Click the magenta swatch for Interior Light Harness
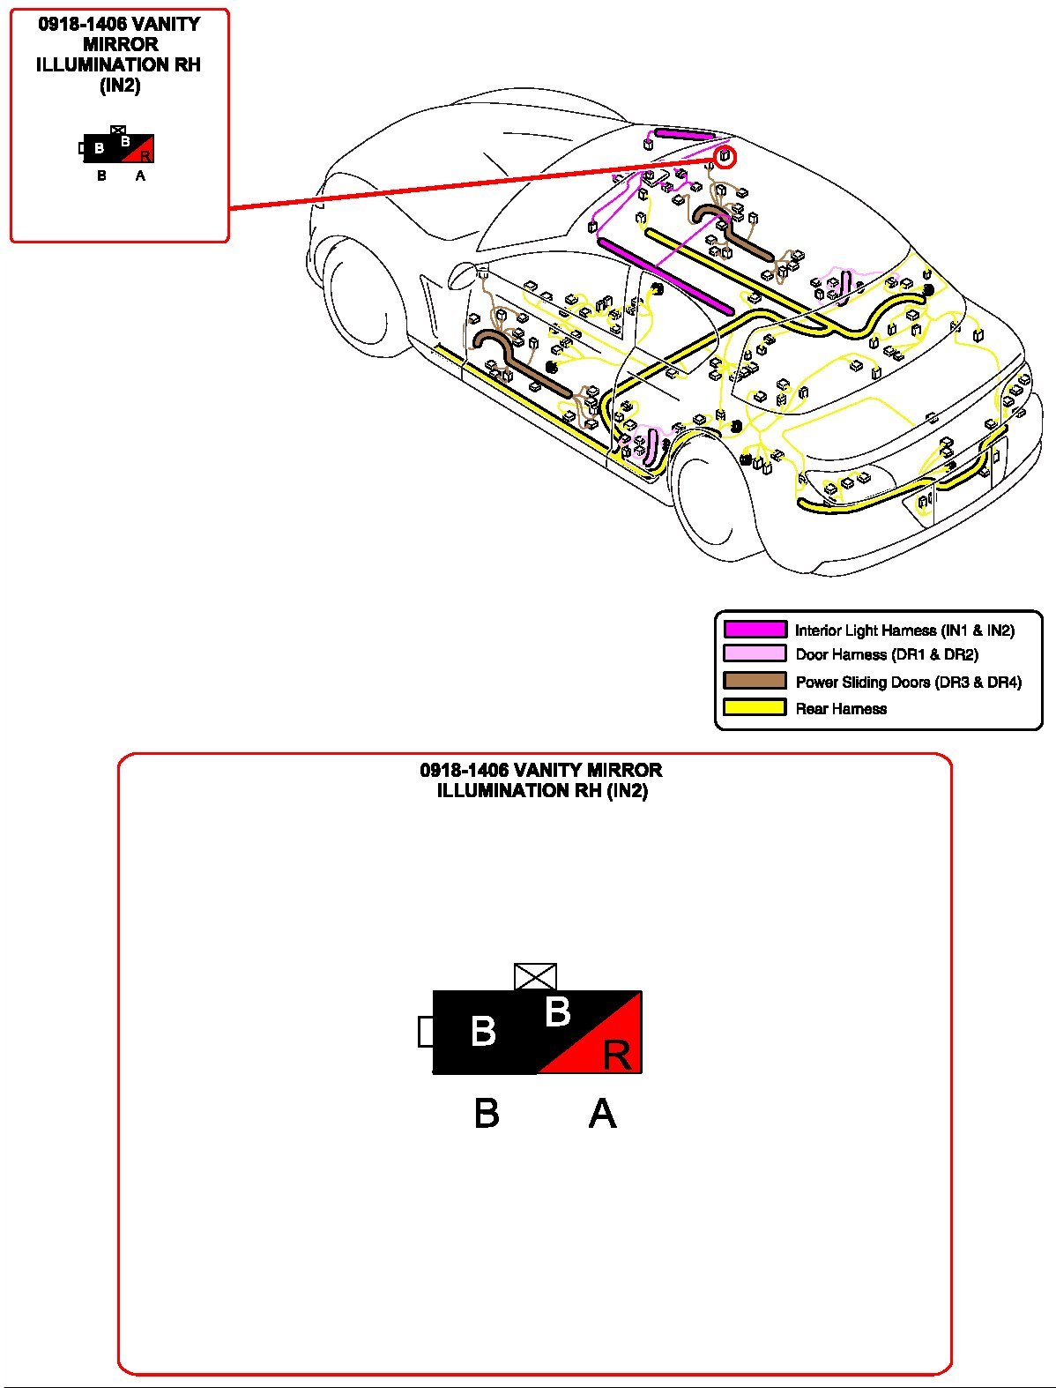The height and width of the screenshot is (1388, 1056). point(755,630)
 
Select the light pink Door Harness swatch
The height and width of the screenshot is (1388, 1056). point(755,654)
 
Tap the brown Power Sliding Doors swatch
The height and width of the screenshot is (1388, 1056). point(755,681)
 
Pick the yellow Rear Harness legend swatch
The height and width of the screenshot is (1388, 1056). point(755,707)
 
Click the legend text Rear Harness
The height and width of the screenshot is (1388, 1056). point(841,708)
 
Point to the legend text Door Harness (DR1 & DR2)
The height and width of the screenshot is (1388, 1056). point(886,654)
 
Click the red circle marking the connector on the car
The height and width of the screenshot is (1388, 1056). point(723,157)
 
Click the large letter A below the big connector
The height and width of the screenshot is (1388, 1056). point(602,1113)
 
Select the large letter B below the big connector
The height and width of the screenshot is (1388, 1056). point(487,1113)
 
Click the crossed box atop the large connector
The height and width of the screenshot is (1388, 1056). point(535,977)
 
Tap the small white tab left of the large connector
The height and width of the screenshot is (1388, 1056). point(426,1031)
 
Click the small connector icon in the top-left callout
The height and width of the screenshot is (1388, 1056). point(118,147)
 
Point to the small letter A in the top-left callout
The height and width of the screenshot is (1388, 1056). point(140,175)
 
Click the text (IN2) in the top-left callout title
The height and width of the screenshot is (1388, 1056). point(119,86)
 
